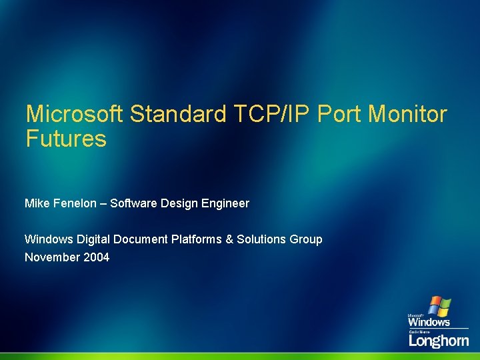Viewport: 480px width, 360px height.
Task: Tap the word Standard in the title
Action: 178,114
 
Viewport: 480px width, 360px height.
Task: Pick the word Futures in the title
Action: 65,139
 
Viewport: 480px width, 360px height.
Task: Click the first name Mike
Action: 37,203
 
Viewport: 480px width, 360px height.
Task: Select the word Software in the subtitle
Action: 133,203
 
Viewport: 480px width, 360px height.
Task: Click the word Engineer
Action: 227,203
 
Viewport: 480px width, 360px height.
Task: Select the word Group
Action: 307,239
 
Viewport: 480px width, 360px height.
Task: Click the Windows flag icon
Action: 439,306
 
